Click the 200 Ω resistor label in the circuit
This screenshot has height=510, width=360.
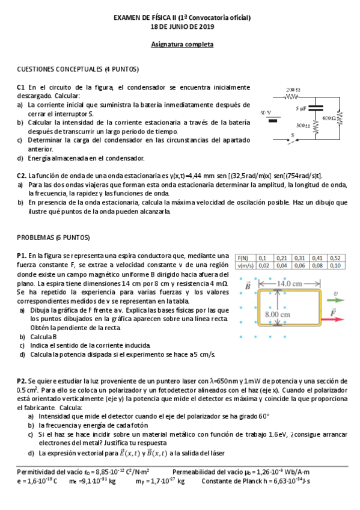(293, 89)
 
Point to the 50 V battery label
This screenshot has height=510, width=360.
(265, 112)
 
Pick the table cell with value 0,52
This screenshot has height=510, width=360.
(335, 257)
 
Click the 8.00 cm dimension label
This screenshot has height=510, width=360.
(278, 314)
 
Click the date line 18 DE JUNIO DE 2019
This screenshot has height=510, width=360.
(182, 28)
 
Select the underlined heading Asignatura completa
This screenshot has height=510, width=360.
(182, 45)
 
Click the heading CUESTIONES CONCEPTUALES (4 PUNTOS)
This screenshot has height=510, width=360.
(78, 69)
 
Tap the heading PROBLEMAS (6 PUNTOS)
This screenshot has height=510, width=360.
(53, 238)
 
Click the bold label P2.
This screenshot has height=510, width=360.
(22, 381)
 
